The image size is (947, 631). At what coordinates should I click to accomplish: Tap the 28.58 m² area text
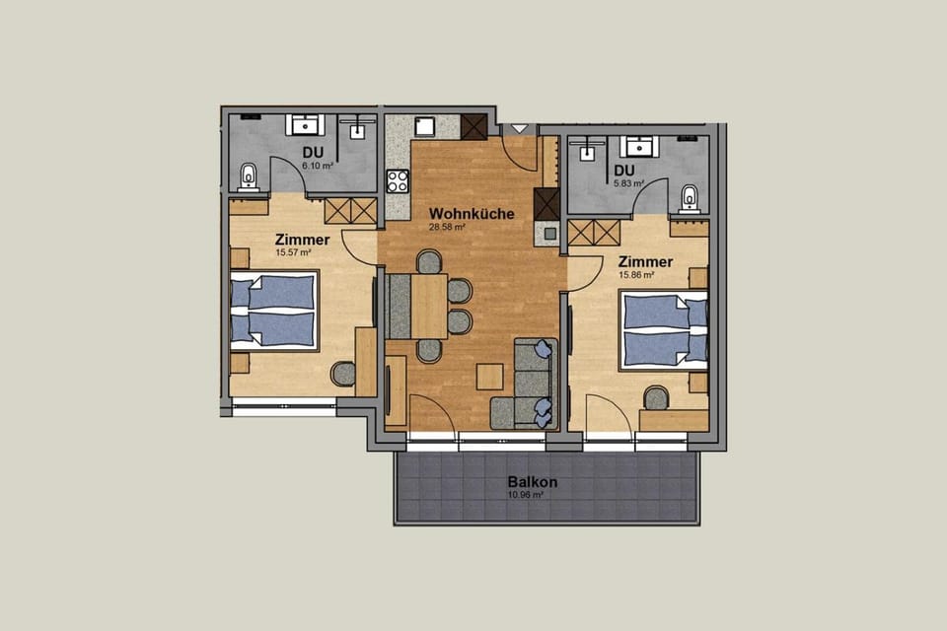click(x=446, y=226)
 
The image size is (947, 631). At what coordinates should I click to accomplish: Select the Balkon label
click(x=533, y=482)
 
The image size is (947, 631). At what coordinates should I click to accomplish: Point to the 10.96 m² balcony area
click(x=526, y=495)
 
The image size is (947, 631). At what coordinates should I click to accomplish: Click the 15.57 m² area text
click(x=293, y=253)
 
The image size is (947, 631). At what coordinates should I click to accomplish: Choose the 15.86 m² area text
click(x=636, y=275)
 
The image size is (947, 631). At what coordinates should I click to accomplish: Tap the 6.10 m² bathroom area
click(x=317, y=166)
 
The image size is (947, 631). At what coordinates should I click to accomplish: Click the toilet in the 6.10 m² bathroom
click(x=248, y=176)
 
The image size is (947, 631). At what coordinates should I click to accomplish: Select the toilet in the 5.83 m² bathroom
click(x=690, y=197)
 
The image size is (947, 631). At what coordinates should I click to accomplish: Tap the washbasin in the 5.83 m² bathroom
click(x=640, y=147)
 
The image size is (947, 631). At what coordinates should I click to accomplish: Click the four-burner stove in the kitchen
click(x=398, y=180)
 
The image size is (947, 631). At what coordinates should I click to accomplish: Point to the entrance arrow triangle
click(x=519, y=129)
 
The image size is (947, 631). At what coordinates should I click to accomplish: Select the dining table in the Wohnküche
click(x=429, y=306)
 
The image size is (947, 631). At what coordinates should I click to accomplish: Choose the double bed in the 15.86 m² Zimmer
click(x=665, y=329)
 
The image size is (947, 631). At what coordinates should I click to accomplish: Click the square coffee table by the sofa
click(x=489, y=377)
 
